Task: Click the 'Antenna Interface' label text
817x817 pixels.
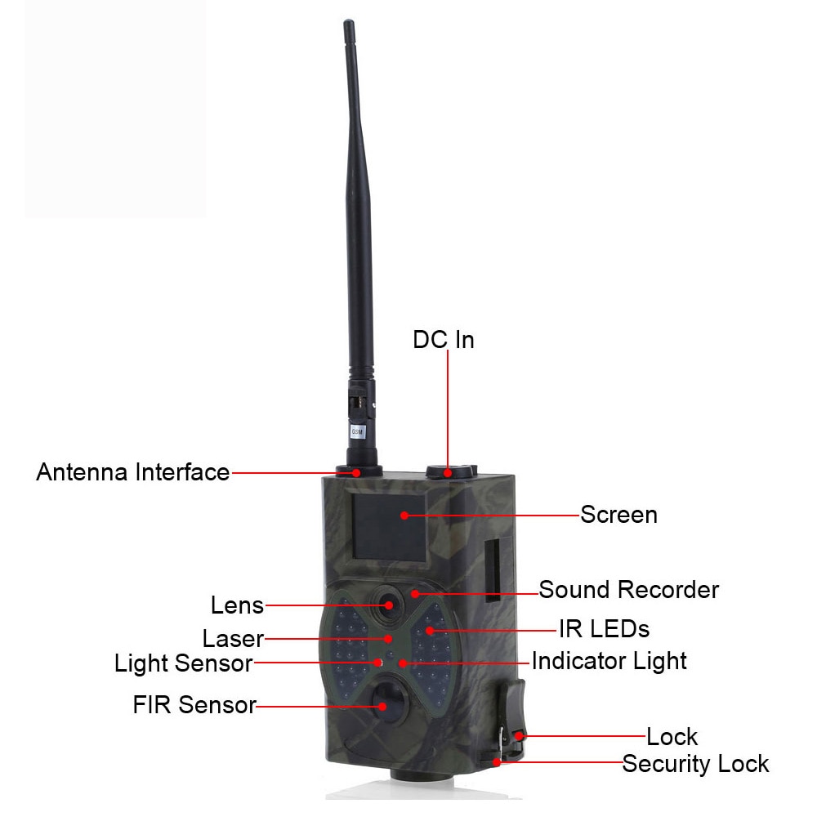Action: [x=133, y=472]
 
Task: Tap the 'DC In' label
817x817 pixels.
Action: [x=444, y=340]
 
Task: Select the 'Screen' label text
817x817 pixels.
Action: [x=618, y=515]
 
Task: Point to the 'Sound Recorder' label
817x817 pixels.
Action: [x=628, y=590]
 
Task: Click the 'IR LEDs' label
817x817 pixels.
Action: [x=604, y=629]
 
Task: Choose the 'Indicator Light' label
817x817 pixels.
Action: [x=609, y=662]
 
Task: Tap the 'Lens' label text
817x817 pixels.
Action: [x=237, y=605]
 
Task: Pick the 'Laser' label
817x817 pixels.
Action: [x=233, y=638]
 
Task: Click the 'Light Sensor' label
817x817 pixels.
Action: [x=183, y=663]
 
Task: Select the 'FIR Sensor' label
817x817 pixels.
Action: [x=194, y=705]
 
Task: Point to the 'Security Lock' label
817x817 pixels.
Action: [x=695, y=765]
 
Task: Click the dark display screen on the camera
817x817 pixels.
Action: [x=389, y=527]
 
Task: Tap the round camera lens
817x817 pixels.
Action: [x=387, y=604]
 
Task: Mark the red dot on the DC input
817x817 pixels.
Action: [x=448, y=473]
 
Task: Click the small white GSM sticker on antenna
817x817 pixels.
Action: [x=357, y=431]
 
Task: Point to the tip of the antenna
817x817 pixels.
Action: [x=349, y=21]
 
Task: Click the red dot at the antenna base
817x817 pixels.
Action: [x=356, y=472]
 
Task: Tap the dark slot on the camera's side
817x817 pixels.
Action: [x=492, y=570]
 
